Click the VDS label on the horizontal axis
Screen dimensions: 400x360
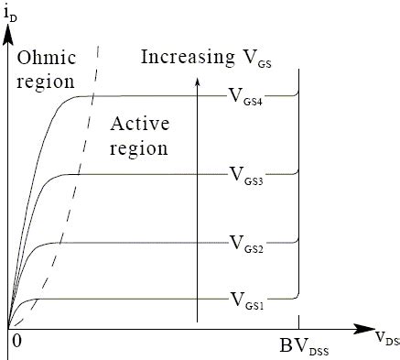tap(386, 337)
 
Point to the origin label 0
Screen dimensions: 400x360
tap(16, 341)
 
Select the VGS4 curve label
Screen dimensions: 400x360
tap(246, 98)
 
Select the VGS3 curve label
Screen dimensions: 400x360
tap(246, 175)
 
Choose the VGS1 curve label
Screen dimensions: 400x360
tap(246, 300)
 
